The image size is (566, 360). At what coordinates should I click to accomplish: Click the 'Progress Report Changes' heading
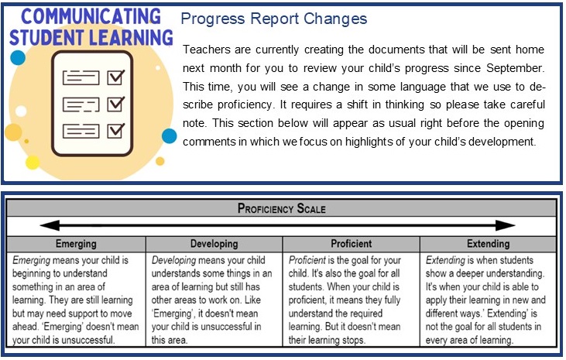coord(273,19)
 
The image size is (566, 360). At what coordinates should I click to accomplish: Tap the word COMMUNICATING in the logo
coord(91,16)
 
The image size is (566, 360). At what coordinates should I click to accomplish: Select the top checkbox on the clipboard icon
coord(116,77)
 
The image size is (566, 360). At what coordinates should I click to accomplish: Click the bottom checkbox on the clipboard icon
coord(116,130)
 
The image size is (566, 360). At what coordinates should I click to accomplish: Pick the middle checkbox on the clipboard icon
coord(116,104)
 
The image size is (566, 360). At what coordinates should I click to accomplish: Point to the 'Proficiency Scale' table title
coord(282,208)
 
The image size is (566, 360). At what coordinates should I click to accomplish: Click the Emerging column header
coord(76,244)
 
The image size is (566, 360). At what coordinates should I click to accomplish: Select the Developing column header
coord(214,244)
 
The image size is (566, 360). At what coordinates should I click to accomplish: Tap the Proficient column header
coord(352,244)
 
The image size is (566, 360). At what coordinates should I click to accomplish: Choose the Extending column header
coord(488,244)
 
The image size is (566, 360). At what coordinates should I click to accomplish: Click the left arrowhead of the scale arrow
coord(50,225)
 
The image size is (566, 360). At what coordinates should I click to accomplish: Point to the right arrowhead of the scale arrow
coord(506,225)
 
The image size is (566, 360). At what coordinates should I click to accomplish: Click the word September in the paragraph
coord(515,68)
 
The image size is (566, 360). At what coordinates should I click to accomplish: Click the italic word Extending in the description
coord(445,260)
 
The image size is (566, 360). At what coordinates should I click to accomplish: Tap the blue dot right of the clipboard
coord(169,135)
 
